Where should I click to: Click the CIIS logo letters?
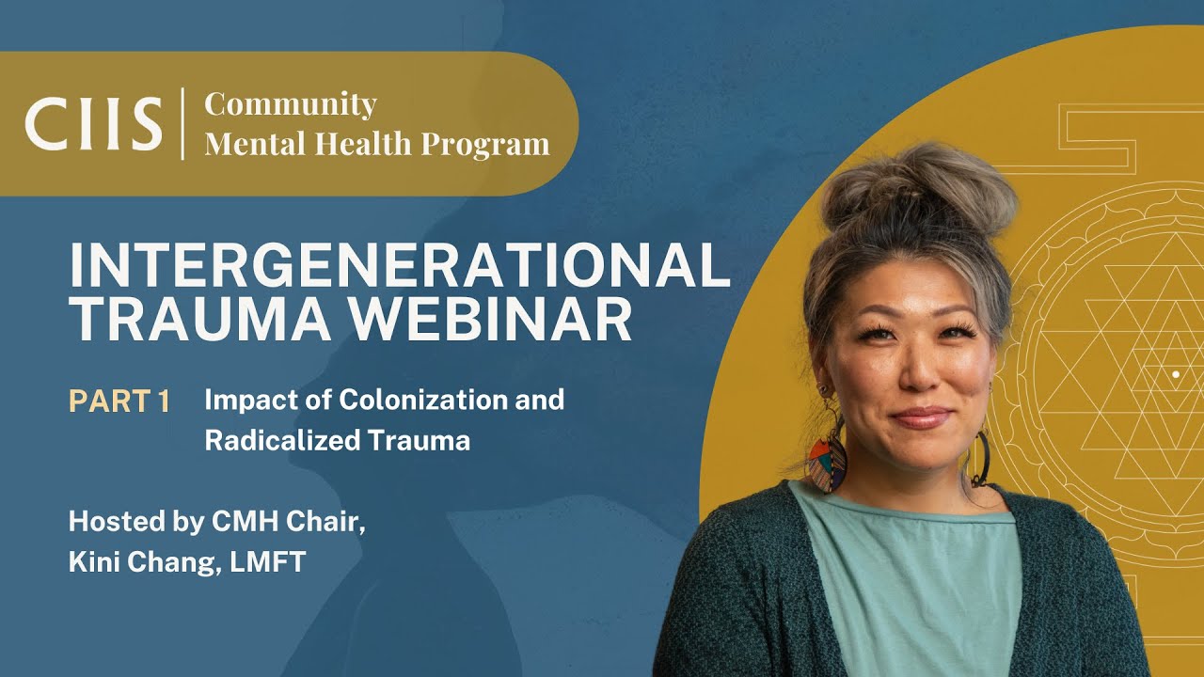93,123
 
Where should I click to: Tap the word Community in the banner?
291,103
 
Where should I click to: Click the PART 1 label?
119,401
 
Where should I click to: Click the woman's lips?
922,417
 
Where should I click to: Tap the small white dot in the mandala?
1175,375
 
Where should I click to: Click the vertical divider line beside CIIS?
183,123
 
